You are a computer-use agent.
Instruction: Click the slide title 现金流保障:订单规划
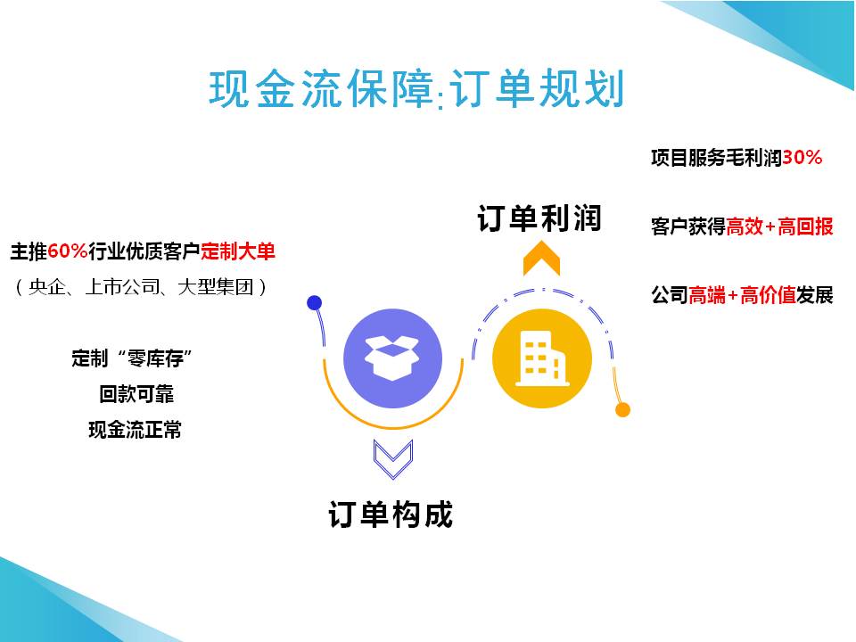416,90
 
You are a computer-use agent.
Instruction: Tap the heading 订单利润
539,218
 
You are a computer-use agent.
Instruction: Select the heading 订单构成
391,514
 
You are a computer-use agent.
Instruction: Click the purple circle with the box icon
392,358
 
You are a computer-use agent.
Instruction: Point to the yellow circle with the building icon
541,358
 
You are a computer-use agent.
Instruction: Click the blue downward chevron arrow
392,457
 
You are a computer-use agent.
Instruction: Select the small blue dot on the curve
314,302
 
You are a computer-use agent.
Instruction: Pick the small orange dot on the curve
622,409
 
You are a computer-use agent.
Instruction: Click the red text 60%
69,251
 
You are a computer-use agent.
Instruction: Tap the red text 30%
802,158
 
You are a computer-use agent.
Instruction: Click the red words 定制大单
238,251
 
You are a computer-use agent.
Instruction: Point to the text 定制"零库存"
134,358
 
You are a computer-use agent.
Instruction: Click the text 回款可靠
134,394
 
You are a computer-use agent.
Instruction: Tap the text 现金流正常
135,430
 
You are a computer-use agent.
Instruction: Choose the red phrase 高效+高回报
779,226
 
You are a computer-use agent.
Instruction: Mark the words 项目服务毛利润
716,158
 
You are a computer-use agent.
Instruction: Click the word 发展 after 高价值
815,295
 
